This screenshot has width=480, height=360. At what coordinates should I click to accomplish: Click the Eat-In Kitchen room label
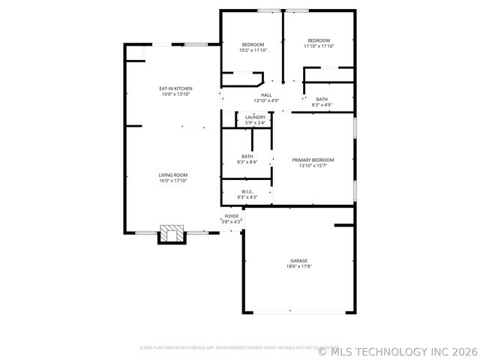point(175,88)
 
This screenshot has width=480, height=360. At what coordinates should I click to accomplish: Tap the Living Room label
point(172,175)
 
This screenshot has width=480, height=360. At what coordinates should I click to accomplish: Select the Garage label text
point(298,260)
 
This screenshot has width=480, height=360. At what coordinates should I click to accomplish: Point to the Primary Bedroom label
point(313,160)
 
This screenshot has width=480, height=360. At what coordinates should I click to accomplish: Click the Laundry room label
point(255,117)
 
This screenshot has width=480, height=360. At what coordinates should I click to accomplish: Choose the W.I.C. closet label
point(247,191)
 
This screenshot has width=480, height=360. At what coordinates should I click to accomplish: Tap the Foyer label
point(231,216)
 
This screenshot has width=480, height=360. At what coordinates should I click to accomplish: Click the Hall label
point(266,94)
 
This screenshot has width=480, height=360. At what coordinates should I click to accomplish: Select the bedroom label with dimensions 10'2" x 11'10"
point(253,44)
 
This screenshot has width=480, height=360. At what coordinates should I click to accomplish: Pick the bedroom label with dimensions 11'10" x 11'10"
point(319,40)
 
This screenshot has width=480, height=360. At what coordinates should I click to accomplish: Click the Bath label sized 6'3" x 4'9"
point(321,99)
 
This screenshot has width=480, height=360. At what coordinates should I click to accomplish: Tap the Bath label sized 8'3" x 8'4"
point(247,156)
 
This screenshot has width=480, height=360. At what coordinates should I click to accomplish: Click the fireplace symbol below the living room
point(172,233)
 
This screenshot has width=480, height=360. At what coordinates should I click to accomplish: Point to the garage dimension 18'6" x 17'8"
point(298,266)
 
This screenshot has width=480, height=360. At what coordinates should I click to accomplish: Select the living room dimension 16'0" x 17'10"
point(172,181)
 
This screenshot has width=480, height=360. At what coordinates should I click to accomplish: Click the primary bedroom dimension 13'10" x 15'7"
point(313,166)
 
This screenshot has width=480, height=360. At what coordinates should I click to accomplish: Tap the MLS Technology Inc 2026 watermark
point(397,350)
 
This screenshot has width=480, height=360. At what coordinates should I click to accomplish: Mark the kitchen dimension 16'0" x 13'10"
point(175,94)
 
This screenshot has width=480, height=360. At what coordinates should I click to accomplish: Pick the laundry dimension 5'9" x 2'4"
point(255,122)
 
